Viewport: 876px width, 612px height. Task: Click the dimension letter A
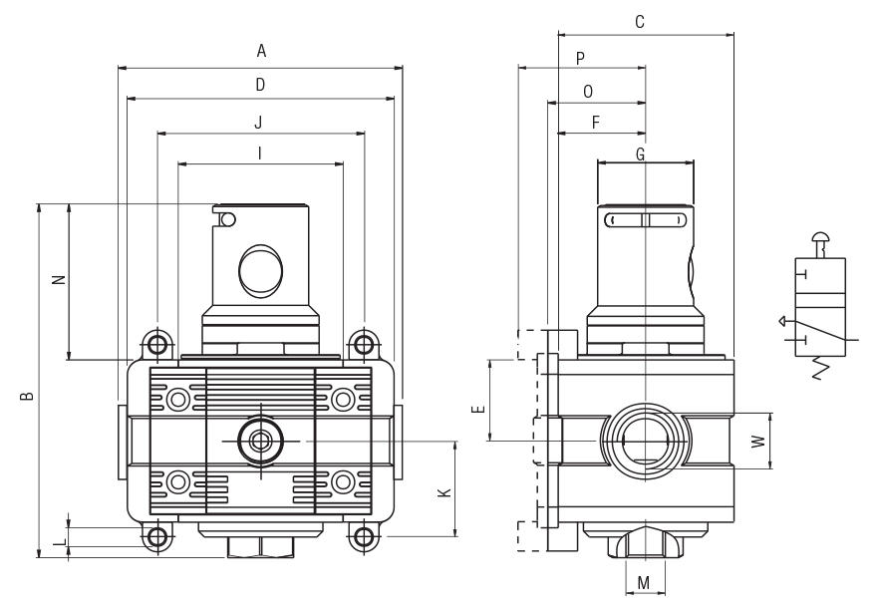(x=261, y=51)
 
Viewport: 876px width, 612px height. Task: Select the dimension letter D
(x=260, y=86)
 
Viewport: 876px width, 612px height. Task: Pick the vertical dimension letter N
(x=58, y=280)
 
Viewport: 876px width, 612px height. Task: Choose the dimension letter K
(x=445, y=491)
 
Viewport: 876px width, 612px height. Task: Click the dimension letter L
(x=58, y=541)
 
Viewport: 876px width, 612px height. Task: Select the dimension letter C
(x=640, y=21)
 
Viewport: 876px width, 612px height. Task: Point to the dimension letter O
(x=588, y=92)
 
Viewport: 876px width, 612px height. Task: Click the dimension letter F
(x=596, y=123)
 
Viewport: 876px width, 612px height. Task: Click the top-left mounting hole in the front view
(x=157, y=345)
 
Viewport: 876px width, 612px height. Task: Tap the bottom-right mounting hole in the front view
(x=364, y=537)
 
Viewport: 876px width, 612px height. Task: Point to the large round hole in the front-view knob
(x=261, y=269)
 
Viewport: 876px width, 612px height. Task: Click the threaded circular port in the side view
(x=645, y=440)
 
